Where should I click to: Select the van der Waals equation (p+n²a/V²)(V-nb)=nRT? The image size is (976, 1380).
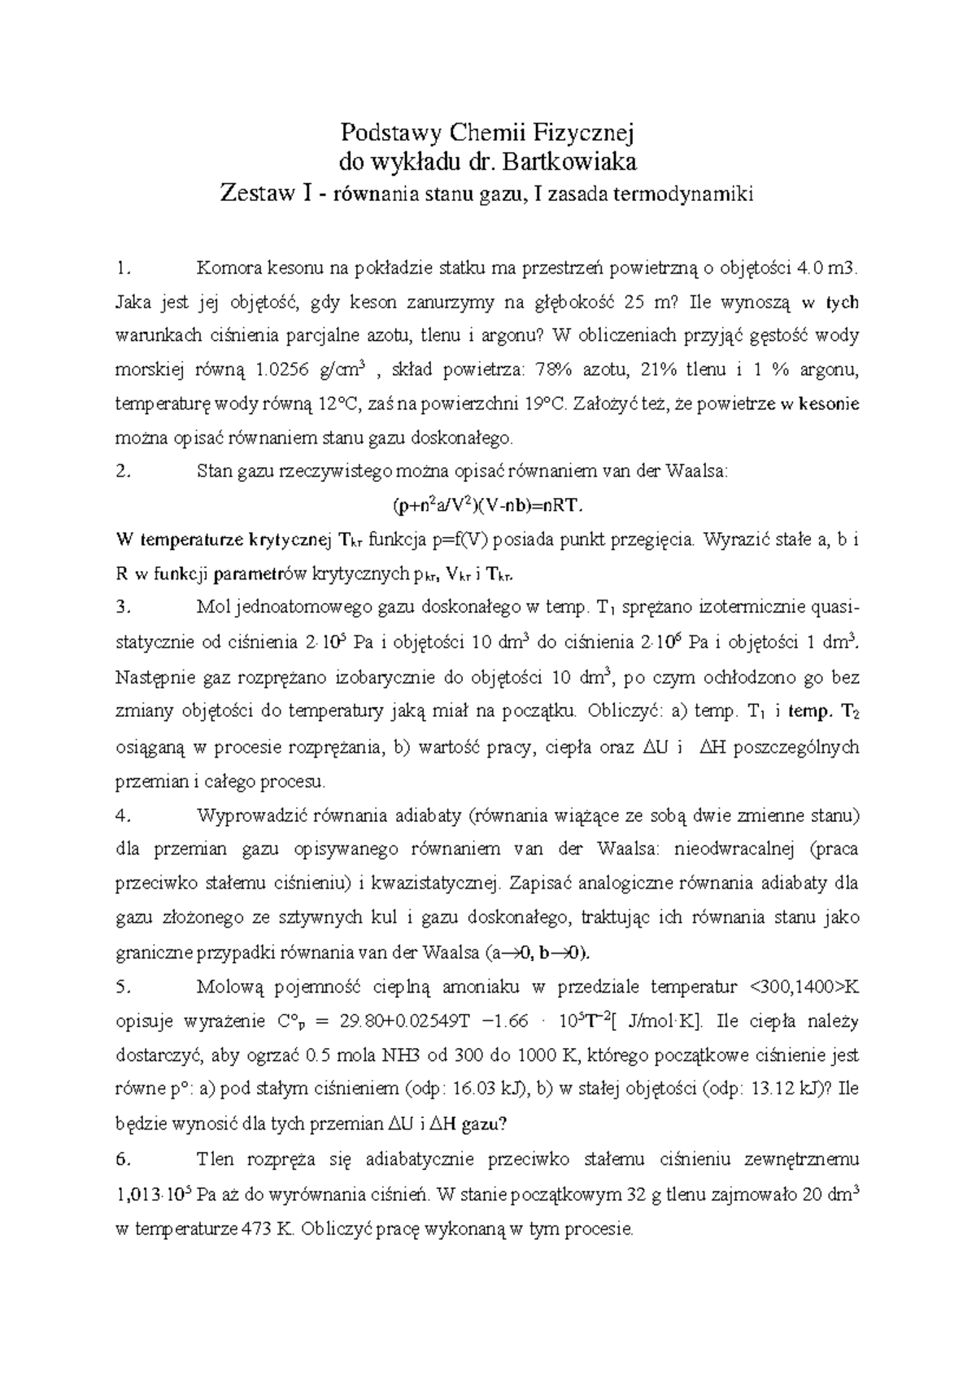point(488,505)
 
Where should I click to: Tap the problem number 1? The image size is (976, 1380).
point(123,268)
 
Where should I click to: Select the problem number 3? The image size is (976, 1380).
point(123,607)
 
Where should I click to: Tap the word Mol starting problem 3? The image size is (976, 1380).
point(212,607)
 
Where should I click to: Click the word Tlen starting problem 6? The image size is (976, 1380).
point(216,1159)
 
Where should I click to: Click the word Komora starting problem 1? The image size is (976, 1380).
point(228,268)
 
